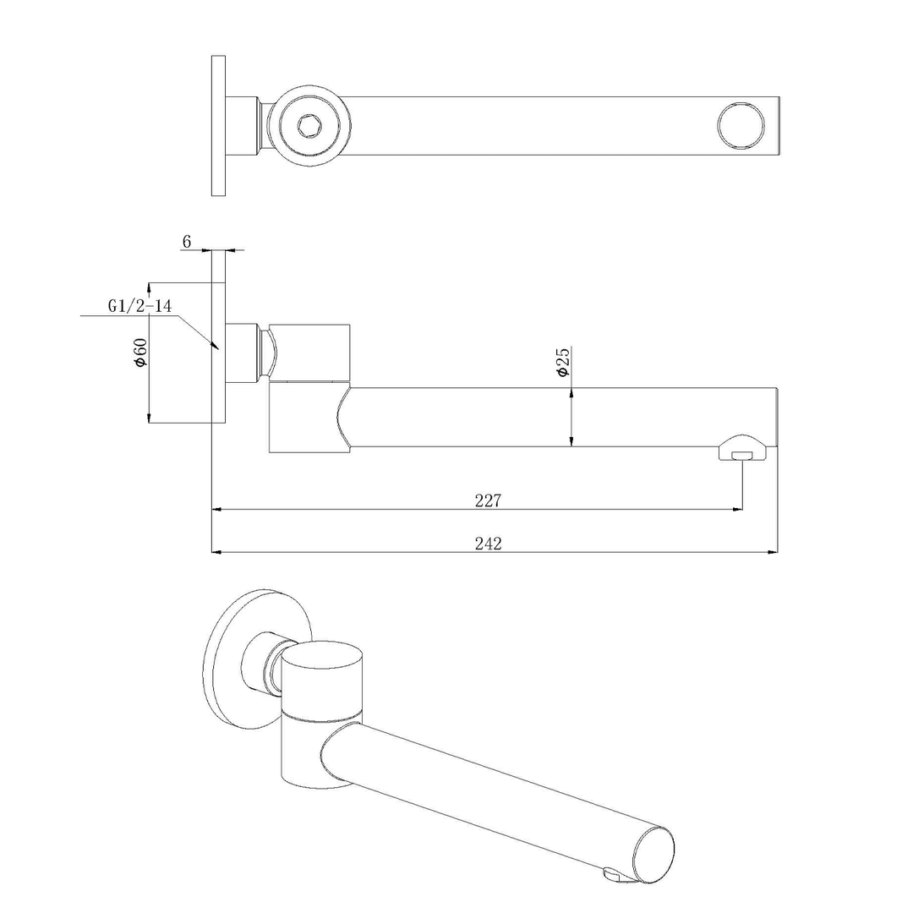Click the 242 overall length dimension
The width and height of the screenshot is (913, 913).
tap(488, 544)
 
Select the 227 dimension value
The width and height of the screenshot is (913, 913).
tap(488, 500)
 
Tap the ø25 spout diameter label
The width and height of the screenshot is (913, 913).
tap(563, 361)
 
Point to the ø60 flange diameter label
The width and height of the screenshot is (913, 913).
tap(140, 352)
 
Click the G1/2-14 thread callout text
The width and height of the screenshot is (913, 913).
tap(139, 306)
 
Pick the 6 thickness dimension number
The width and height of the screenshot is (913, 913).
tap(186, 242)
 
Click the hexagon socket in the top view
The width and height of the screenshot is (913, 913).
tap(309, 126)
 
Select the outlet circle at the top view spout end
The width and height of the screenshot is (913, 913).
tap(740, 126)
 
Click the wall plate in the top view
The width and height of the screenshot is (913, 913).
tap(218, 126)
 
